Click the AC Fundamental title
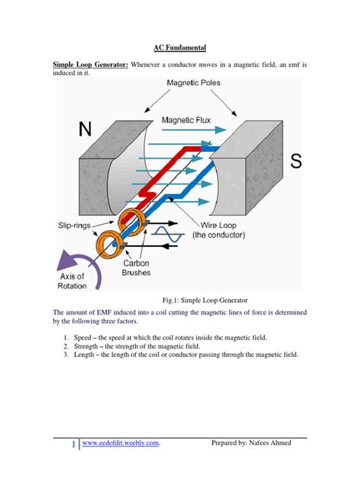point(180,47)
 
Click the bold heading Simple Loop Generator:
point(90,65)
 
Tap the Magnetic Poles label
point(194,83)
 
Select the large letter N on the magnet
point(85,129)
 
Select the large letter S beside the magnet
point(296,161)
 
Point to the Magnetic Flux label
point(186,120)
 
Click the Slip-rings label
point(74,226)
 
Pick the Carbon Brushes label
point(136,268)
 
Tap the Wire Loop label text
point(218,226)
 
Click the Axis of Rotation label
point(72,281)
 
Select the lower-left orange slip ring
point(107,245)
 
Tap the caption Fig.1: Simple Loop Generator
point(205,300)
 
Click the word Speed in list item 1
point(83,338)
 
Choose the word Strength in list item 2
point(86,346)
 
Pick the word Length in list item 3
point(84,355)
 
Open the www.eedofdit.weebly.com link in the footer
point(121,443)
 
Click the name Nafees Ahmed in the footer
point(270,443)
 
